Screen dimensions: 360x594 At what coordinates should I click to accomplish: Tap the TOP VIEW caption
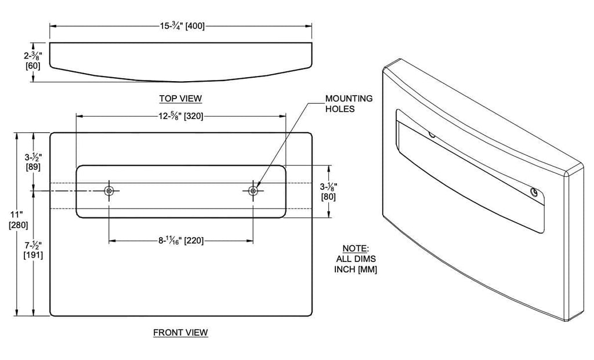pyautogui.click(x=180, y=98)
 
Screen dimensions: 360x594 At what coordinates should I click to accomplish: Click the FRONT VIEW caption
pyautogui.click(x=180, y=332)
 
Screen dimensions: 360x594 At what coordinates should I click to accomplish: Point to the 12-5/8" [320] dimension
pyautogui.click(x=180, y=116)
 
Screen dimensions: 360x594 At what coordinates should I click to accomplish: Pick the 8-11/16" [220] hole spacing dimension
pyautogui.click(x=181, y=240)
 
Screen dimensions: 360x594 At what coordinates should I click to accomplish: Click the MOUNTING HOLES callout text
pyautogui.click(x=349, y=103)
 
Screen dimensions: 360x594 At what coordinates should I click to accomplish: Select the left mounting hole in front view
pyautogui.click(x=109, y=191)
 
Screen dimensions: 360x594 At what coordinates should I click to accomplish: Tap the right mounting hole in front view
pyautogui.click(x=253, y=191)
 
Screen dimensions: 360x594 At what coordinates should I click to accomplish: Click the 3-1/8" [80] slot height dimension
pyautogui.click(x=329, y=191)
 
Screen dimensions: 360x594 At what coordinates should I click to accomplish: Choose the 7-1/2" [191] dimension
pyautogui.click(x=32, y=250)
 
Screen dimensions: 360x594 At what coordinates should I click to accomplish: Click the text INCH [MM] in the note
pyautogui.click(x=356, y=269)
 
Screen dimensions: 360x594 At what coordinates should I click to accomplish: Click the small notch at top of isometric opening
pyautogui.click(x=431, y=134)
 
